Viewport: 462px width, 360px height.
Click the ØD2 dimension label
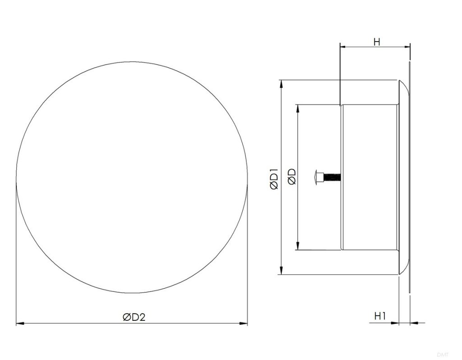tap(134, 317)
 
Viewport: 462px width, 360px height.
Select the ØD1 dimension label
tap(274, 179)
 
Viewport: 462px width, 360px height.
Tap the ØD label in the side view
tap(292, 176)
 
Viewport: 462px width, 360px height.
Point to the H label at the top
tap(377, 42)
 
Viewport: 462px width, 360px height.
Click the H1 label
tap(380, 316)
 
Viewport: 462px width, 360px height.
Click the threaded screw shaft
tap(332, 177)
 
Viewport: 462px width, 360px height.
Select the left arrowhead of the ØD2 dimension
tap(20, 323)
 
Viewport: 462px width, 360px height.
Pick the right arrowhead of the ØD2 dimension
tap(243, 323)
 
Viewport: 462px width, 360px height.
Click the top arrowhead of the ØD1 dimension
tap(282, 84)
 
